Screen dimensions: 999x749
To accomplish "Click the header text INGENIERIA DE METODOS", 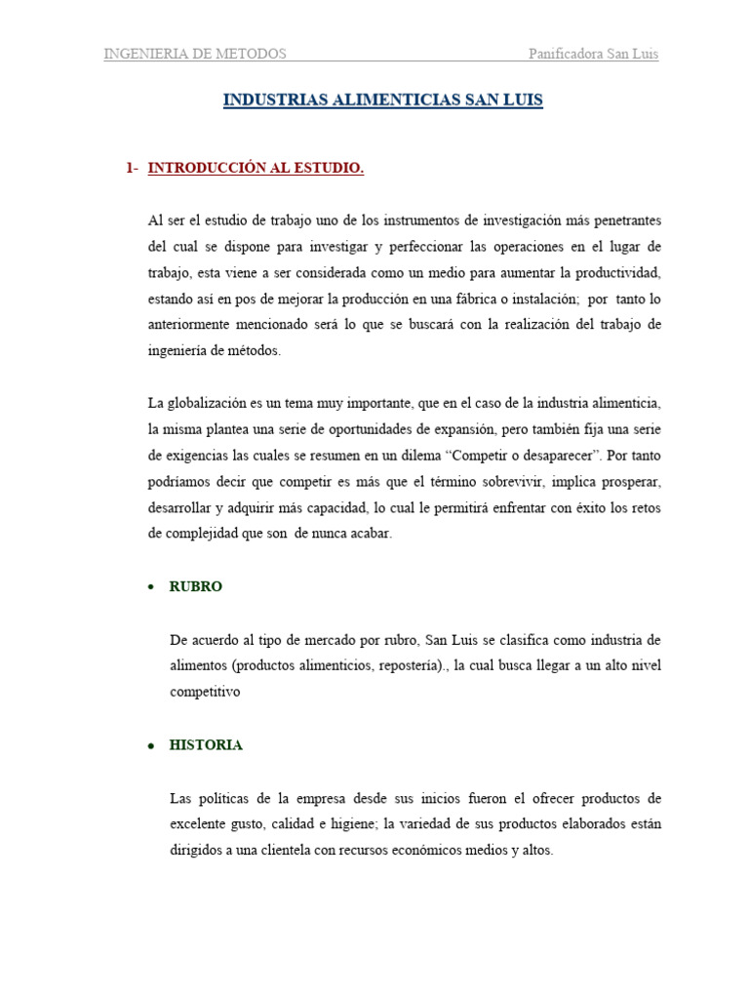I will click(195, 54).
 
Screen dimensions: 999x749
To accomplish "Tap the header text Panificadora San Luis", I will click(593, 54).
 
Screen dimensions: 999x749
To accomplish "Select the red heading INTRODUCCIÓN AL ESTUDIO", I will click(256, 169).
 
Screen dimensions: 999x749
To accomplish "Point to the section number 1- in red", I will click(133, 169).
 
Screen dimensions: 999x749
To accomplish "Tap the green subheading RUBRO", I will click(196, 586).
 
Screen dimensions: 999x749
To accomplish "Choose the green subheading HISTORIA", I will click(206, 744).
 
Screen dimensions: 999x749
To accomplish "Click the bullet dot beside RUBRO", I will click(151, 587).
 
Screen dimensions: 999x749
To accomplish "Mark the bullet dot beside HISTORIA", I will click(151, 745).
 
